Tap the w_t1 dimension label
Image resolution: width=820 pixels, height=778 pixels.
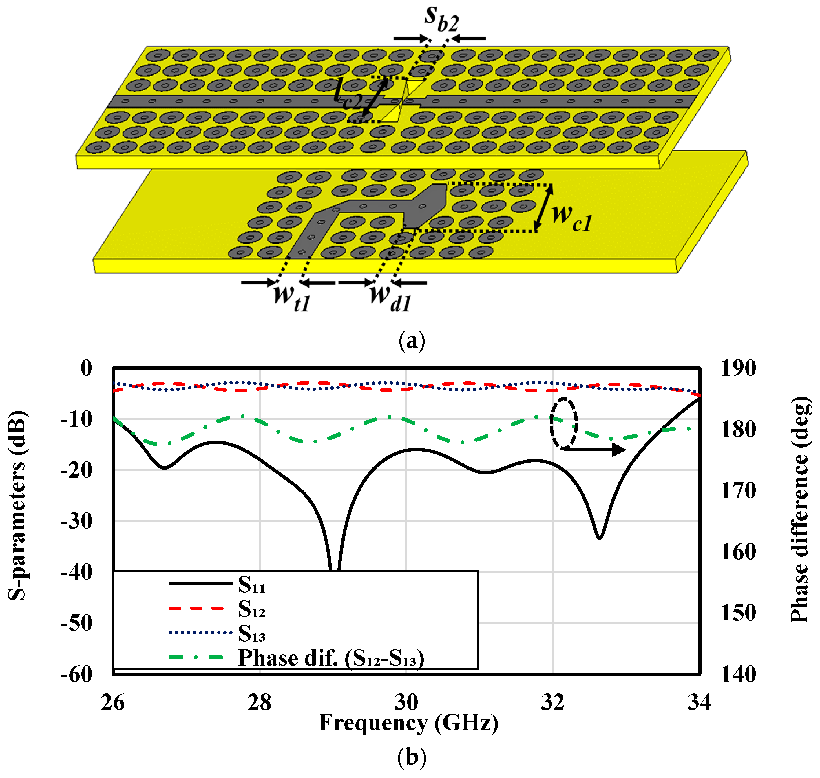[x=292, y=297]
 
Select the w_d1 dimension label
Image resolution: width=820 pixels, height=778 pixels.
[x=390, y=297]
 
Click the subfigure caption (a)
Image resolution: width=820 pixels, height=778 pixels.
[x=412, y=341]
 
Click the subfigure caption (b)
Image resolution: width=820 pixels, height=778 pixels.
[x=412, y=757]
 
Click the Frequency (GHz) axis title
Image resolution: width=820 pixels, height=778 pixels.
[x=408, y=723]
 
